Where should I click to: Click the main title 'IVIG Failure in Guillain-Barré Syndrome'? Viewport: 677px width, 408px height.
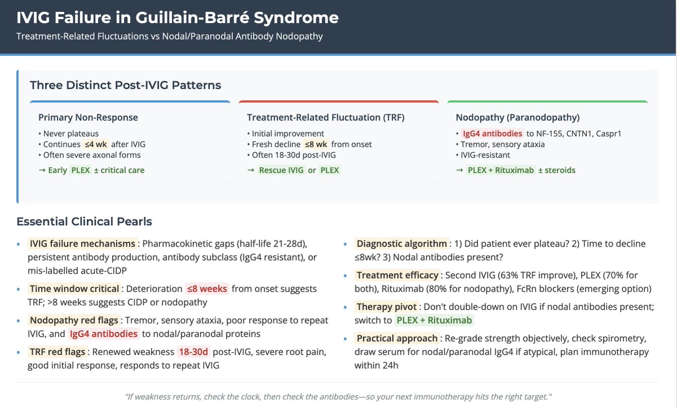point(178,18)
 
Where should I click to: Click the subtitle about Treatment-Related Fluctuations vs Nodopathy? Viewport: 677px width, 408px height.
point(170,37)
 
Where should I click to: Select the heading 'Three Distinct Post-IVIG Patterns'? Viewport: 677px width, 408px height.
point(125,85)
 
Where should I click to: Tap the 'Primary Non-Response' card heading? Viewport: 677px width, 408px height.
point(88,117)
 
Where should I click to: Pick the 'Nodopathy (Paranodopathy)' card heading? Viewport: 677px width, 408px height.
point(518,117)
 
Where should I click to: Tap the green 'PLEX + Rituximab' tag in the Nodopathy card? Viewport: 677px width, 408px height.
point(500,170)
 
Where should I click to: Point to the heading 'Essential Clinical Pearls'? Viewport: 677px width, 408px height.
point(84,221)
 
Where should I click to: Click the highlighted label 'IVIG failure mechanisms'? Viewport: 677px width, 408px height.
point(82,244)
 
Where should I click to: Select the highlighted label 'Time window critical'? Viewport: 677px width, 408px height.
point(74,288)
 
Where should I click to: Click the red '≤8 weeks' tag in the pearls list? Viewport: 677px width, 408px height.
point(207,288)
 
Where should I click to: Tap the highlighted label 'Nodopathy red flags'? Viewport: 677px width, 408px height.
point(74,320)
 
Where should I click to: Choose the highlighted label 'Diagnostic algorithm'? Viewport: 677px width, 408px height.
point(402,244)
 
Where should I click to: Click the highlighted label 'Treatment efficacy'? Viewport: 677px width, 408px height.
point(398,275)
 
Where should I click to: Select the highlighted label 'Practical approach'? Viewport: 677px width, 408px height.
point(397,338)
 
